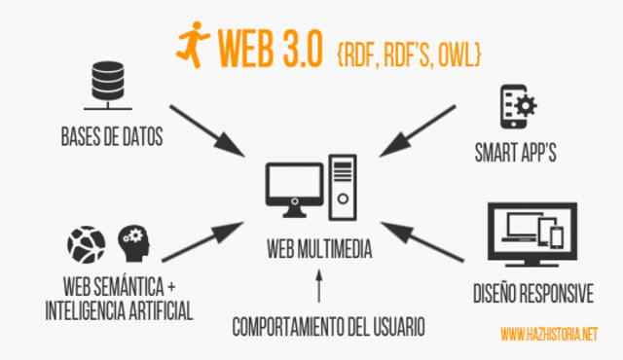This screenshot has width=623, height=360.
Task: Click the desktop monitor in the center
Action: [x=292, y=187]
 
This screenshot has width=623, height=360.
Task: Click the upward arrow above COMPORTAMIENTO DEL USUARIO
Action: [x=317, y=288]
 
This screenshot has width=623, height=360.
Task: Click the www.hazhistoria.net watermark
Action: [x=548, y=335]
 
